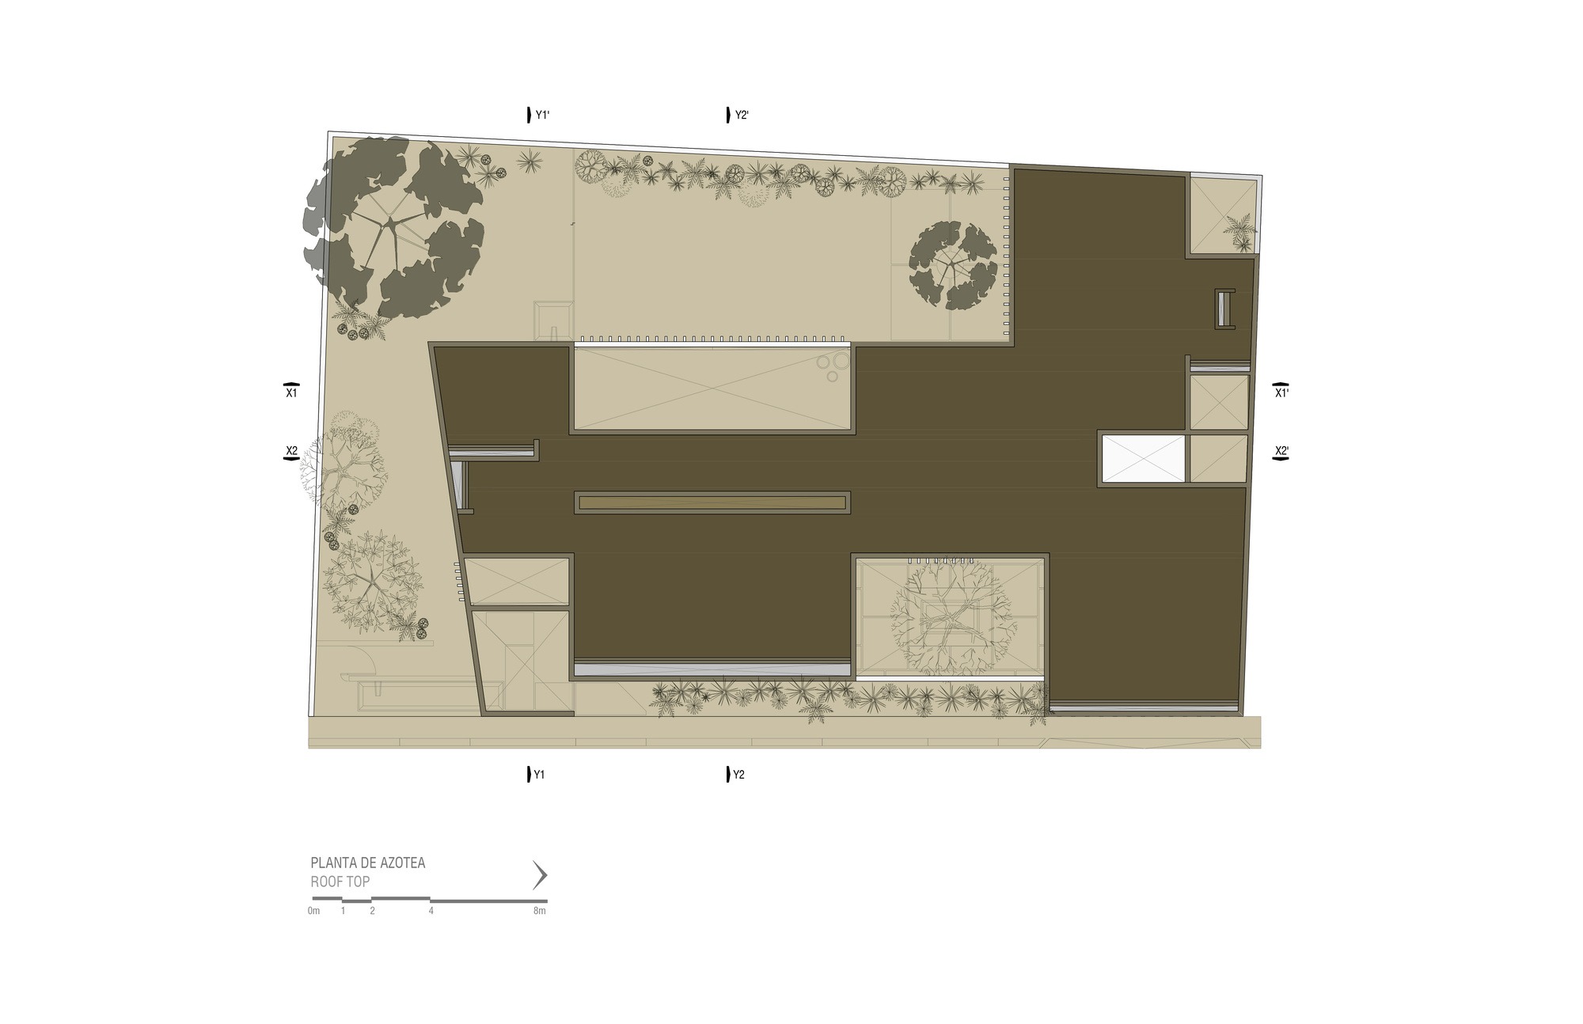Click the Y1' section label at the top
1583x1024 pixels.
click(542, 116)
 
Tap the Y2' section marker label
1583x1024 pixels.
click(742, 116)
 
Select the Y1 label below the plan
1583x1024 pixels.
click(539, 776)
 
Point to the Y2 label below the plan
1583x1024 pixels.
click(738, 776)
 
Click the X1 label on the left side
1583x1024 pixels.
click(291, 393)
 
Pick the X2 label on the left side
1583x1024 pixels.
click(291, 451)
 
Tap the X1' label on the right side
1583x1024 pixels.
click(1281, 393)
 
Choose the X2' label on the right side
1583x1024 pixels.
click(1281, 452)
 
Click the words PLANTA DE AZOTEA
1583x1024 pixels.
click(368, 863)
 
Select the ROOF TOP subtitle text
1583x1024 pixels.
click(340, 882)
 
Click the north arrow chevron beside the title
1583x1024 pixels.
click(541, 875)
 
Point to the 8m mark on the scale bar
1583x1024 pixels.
click(540, 911)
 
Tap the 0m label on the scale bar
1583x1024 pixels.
click(314, 911)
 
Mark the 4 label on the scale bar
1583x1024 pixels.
click(431, 911)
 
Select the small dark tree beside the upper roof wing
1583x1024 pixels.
click(953, 265)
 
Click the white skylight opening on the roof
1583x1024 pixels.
click(1143, 459)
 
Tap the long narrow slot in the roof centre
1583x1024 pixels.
click(712, 503)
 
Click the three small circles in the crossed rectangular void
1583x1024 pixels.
click(833, 366)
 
